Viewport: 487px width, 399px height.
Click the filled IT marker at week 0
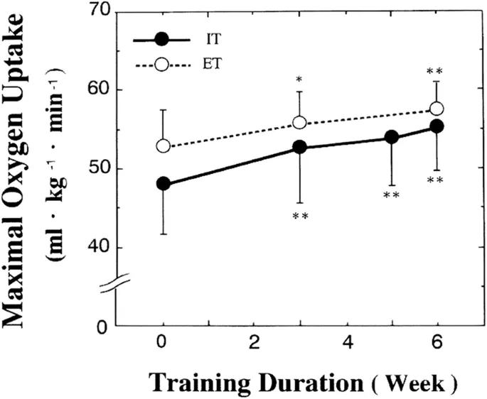164,183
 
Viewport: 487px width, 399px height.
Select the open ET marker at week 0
164,146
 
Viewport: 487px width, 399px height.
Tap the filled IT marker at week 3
300,147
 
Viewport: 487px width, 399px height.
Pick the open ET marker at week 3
300,123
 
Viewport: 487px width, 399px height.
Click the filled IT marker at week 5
392,138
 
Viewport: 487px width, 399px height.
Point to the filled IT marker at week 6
437,126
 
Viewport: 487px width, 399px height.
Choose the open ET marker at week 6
437,109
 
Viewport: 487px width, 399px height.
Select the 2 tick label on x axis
255,341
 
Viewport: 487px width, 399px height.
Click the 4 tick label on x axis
346,341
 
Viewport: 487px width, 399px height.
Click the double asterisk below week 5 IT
392,195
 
